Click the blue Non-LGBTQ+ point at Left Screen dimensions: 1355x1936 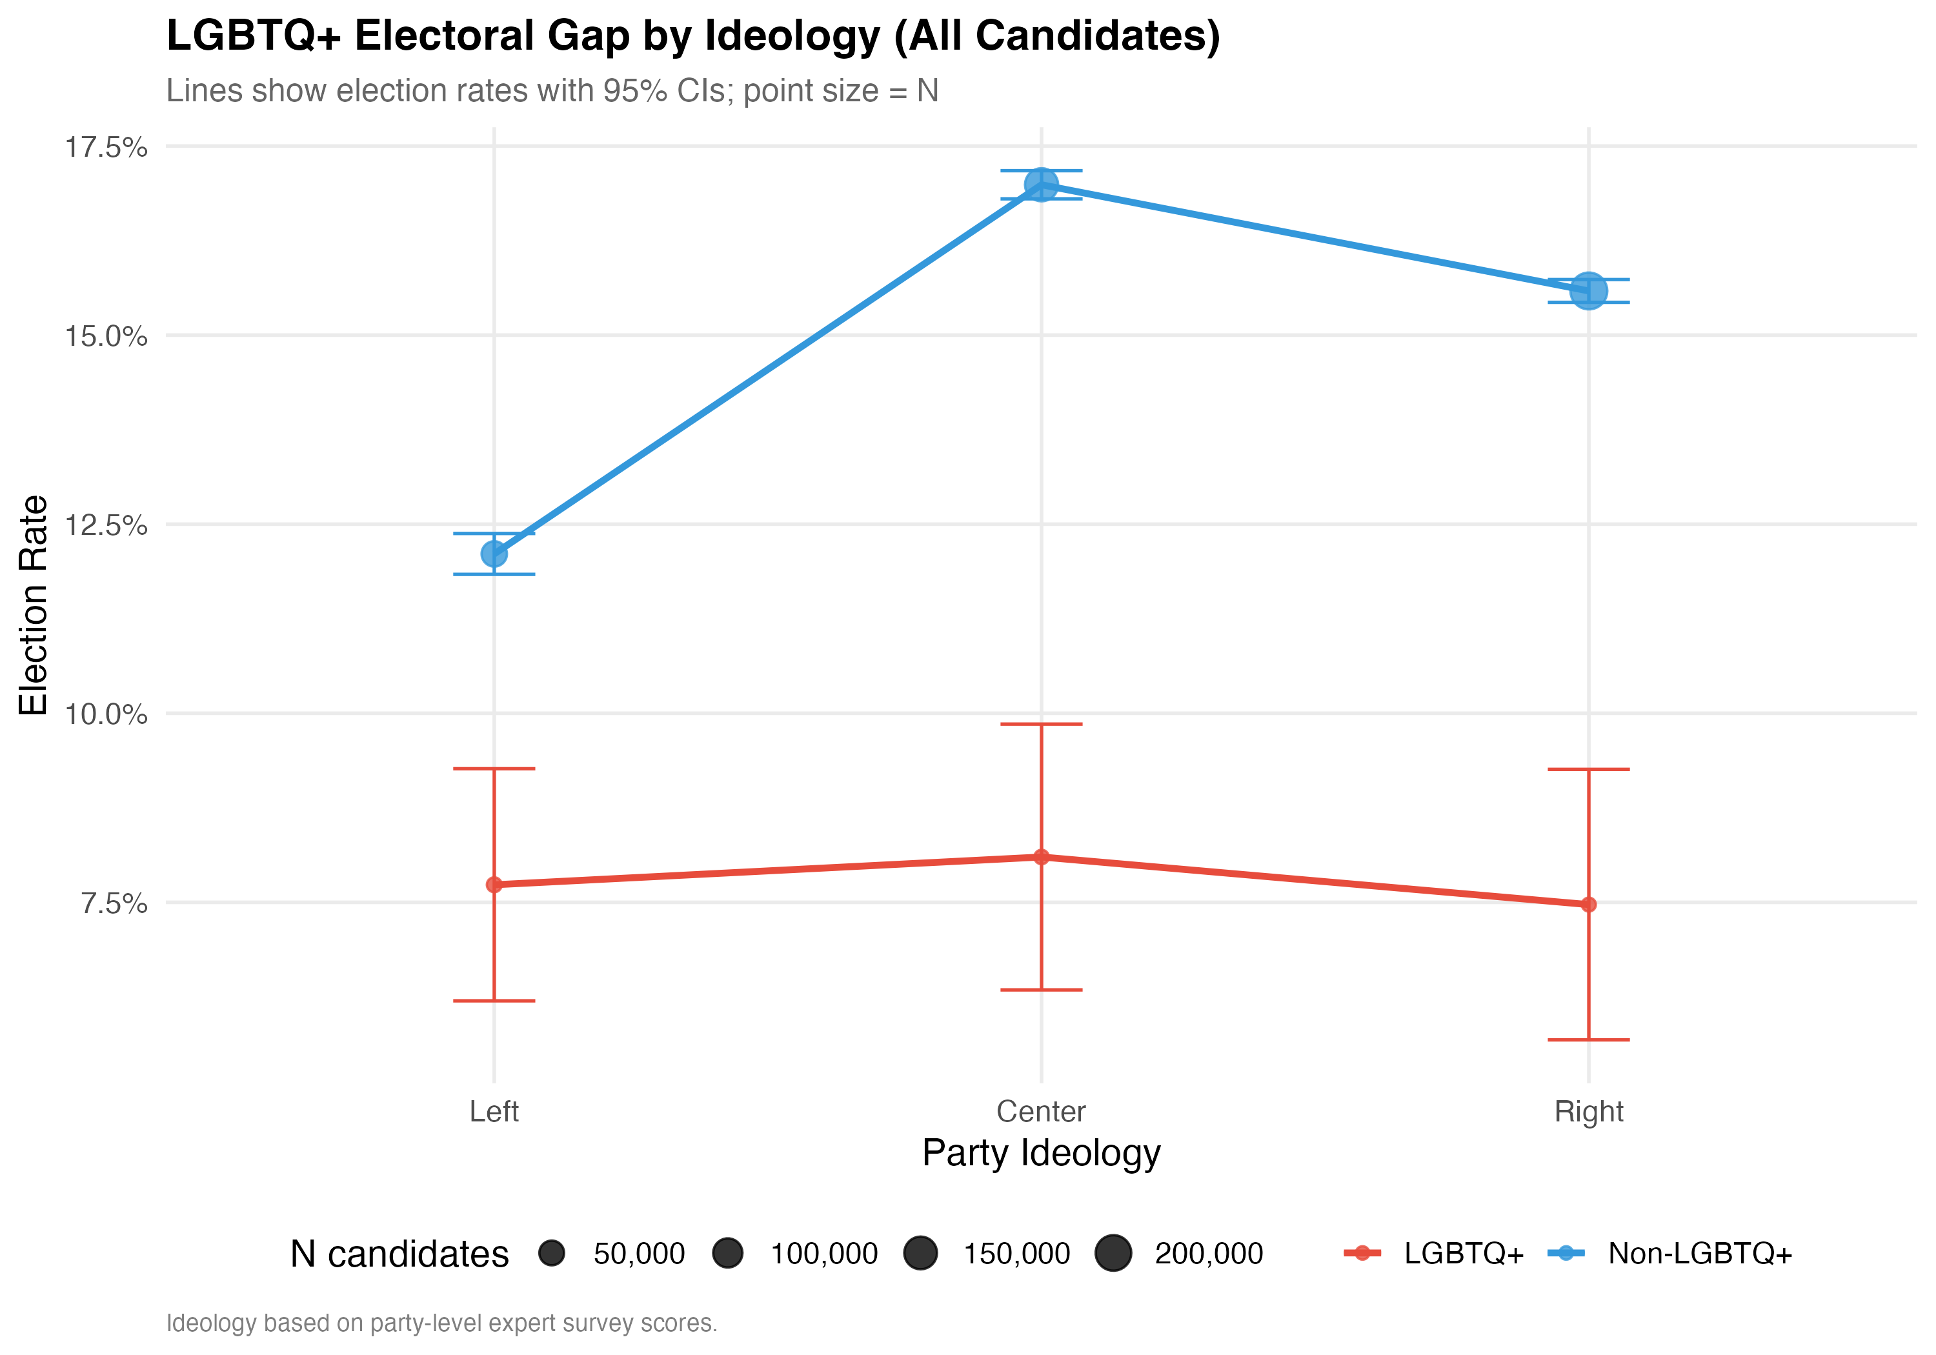tap(494, 554)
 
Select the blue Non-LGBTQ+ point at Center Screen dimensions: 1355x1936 tap(1042, 185)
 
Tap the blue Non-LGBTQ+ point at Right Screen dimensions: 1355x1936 tap(1589, 291)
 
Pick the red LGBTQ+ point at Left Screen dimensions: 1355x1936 tap(494, 885)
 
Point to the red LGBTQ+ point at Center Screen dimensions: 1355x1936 tap(1042, 857)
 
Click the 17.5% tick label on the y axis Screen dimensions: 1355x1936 tap(106, 148)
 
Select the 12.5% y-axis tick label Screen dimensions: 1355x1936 tap(106, 525)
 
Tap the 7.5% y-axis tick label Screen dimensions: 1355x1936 tap(115, 904)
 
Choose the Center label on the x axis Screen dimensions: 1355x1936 tap(1042, 1111)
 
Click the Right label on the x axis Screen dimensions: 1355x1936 tap(1589, 1111)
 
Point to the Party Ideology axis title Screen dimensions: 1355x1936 tap(1042, 1152)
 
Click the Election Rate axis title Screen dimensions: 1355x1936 tap(34, 605)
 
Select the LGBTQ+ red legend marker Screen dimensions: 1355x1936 tap(1362, 1253)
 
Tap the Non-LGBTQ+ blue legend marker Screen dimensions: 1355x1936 tap(1566, 1253)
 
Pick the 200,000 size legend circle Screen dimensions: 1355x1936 tap(1113, 1253)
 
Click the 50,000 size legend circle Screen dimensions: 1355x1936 tap(552, 1253)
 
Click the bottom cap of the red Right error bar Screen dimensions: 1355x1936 tap(1589, 1039)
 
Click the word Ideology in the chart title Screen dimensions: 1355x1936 tap(792, 36)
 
